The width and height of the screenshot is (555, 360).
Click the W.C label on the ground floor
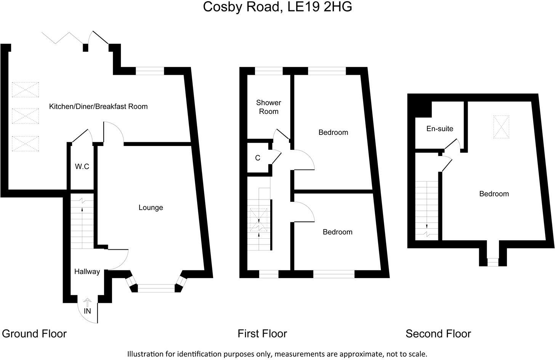point(82,167)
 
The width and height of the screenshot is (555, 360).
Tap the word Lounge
point(151,207)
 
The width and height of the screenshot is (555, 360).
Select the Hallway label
point(87,272)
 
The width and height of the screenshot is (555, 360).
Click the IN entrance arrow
point(87,303)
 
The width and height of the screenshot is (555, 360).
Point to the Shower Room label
point(268,107)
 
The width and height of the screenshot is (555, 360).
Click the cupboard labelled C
point(258,158)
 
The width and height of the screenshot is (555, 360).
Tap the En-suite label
point(440,129)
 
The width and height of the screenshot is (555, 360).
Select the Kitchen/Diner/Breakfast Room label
point(98,106)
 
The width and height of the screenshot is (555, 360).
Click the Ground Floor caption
point(34,334)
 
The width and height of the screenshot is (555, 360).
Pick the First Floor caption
point(262,334)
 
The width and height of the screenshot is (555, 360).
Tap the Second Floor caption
point(438,334)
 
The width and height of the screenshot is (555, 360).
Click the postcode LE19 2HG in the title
point(319,7)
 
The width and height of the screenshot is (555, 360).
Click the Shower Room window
point(269,71)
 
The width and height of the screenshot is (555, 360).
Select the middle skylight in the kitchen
point(25,116)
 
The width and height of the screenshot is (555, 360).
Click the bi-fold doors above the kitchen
point(63,39)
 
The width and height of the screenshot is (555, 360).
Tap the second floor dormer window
point(493,262)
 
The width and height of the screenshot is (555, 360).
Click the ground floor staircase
point(82,225)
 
